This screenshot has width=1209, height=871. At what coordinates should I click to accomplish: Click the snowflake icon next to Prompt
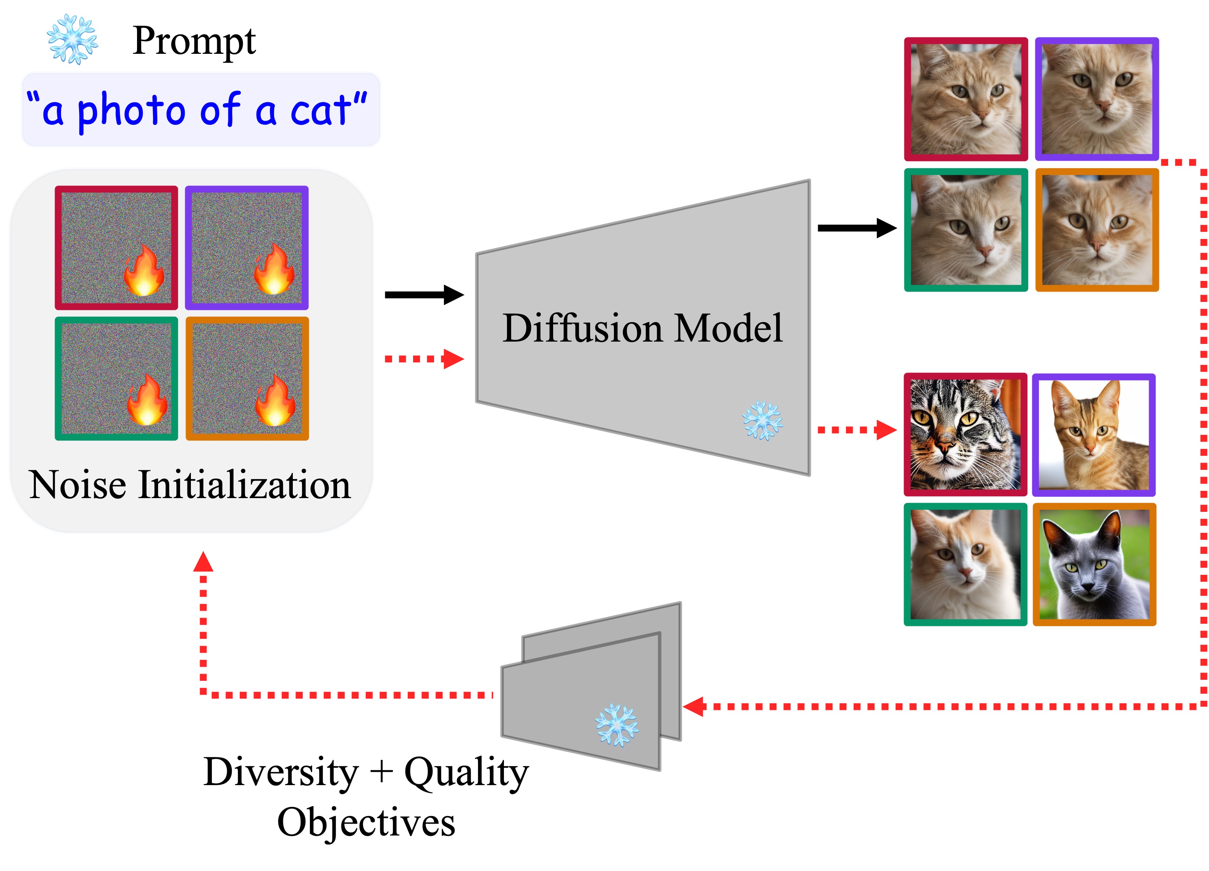(x=72, y=39)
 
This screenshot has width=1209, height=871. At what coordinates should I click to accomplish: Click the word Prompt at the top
(x=194, y=42)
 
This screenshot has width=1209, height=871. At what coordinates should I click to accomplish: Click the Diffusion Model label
(x=642, y=328)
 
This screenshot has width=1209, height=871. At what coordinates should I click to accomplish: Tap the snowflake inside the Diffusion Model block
(x=762, y=421)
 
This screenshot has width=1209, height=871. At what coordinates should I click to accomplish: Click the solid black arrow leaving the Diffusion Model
(x=857, y=228)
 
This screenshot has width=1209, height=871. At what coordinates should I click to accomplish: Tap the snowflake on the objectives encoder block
(x=617, y=725)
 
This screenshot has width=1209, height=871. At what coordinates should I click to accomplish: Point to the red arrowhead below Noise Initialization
(x=203, y=562)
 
